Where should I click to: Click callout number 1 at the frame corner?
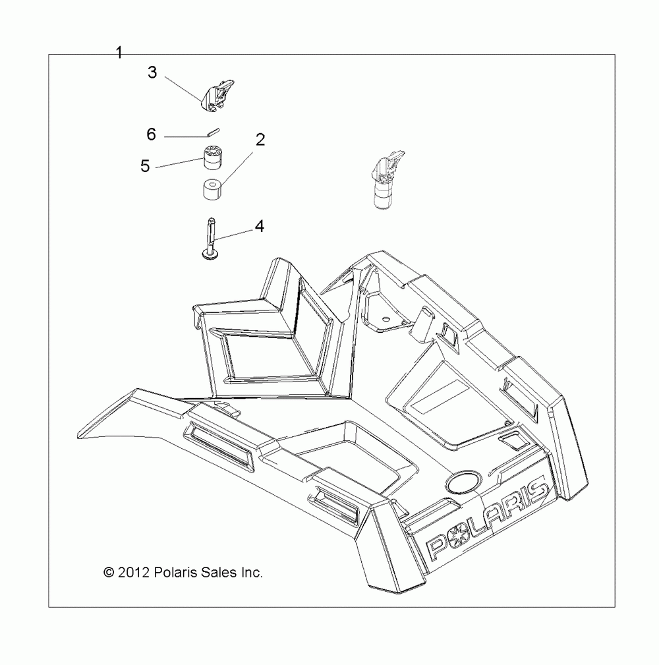pyautogui.click(x=119, y=53)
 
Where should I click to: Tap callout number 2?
pyautogui.click(x=260, y=140)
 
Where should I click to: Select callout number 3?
pyautogui.click(x=152, y=72)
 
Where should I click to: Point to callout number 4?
pyautogui.click(x=260, y=226)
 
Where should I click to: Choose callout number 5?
pyautogui.click(x=146, y=165)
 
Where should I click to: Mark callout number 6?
pyautogui.click(x=151, y=134)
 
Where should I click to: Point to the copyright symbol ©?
pyautogui.click(x=109, y=573)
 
